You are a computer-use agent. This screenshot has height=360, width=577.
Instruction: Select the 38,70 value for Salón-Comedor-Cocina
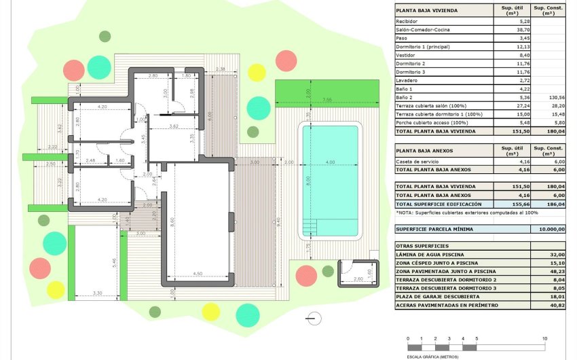(508, 31)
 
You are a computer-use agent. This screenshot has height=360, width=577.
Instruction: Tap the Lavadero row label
(407, 80)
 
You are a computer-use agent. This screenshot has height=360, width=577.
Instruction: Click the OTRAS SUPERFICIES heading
(422, 245)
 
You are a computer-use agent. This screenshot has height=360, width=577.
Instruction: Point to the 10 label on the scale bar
(545, 338)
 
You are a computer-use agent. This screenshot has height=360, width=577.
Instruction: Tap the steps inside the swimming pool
(310, 226)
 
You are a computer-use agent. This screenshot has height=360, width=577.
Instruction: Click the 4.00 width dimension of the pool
(331, 162)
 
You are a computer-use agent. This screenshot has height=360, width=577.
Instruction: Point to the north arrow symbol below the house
(313, 317)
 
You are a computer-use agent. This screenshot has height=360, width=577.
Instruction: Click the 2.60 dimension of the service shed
(358, 278)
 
